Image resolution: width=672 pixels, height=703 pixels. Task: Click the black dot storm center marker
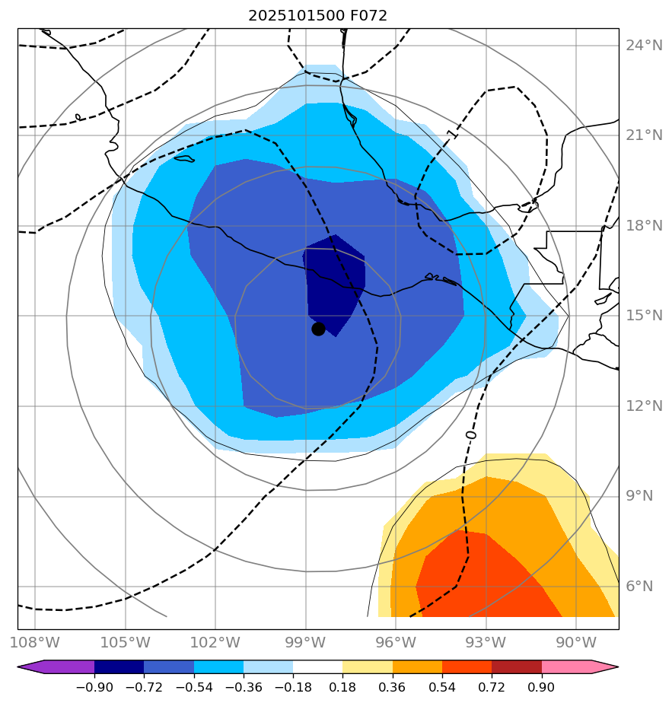tap(318, 329)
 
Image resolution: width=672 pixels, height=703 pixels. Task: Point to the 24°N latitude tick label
tap(644, 46)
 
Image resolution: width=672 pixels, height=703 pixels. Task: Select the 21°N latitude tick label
tap(644, 135)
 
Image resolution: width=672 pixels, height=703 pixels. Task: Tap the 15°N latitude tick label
tap(644, 316)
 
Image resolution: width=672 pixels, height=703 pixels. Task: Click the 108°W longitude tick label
tap(37, 641)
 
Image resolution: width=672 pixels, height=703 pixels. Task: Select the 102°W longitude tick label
tap(215, 641)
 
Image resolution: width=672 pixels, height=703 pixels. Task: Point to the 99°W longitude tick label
tap(306, 641)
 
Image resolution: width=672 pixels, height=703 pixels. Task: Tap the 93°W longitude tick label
tap(486, 641)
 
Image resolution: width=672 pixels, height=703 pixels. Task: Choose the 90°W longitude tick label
tap(575, 641)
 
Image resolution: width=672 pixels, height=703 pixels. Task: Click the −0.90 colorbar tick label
tap(94, 687)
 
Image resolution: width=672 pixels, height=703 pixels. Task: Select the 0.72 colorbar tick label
tap(492, 687)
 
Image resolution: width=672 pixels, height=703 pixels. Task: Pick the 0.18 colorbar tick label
tap(343, 687)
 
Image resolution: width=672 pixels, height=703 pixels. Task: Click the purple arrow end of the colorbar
tap(30, 667)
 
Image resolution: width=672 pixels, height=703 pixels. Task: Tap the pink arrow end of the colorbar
tap(605, 667)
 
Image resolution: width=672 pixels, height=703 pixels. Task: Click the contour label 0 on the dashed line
tap(470, 434)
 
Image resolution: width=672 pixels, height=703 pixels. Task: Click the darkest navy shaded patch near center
tap(335, 282)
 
